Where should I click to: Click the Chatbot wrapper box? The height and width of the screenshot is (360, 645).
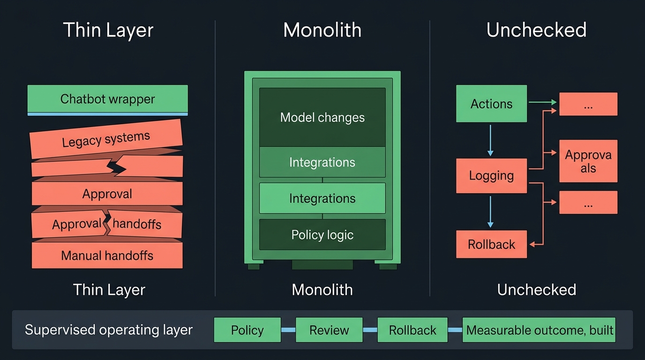[107, 99]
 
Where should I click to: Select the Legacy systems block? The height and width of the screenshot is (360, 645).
[106, 140]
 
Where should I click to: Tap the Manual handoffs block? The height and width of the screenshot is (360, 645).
[107, 255]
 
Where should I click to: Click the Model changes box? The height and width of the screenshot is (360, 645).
[322, 117]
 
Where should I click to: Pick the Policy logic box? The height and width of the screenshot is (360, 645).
[322, 235]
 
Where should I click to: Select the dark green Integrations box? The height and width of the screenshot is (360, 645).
[322, 162]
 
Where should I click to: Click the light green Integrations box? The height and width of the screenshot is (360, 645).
[322, 198]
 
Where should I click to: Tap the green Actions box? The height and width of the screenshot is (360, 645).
[491, 104]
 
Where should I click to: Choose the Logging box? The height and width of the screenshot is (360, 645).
[491, 176]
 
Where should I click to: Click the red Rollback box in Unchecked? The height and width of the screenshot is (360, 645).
[491, 244]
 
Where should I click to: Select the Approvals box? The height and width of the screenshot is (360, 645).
[588, 161]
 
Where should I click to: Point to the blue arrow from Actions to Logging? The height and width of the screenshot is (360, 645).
[490, 140]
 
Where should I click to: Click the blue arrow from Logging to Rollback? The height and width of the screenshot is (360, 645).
[490, 211]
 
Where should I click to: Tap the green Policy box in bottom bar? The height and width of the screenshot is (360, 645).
[247, 330]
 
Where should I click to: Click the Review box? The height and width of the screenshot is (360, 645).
[329, 330]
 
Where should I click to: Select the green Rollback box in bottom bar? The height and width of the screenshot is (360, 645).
[412, 330]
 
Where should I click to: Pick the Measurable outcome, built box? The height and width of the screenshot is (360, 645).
[539, 330]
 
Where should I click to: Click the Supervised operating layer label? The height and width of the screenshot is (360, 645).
[109, 330]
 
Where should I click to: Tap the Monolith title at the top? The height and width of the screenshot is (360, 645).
[322, 30]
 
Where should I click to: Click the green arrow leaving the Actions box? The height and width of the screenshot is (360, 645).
[542, 102]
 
